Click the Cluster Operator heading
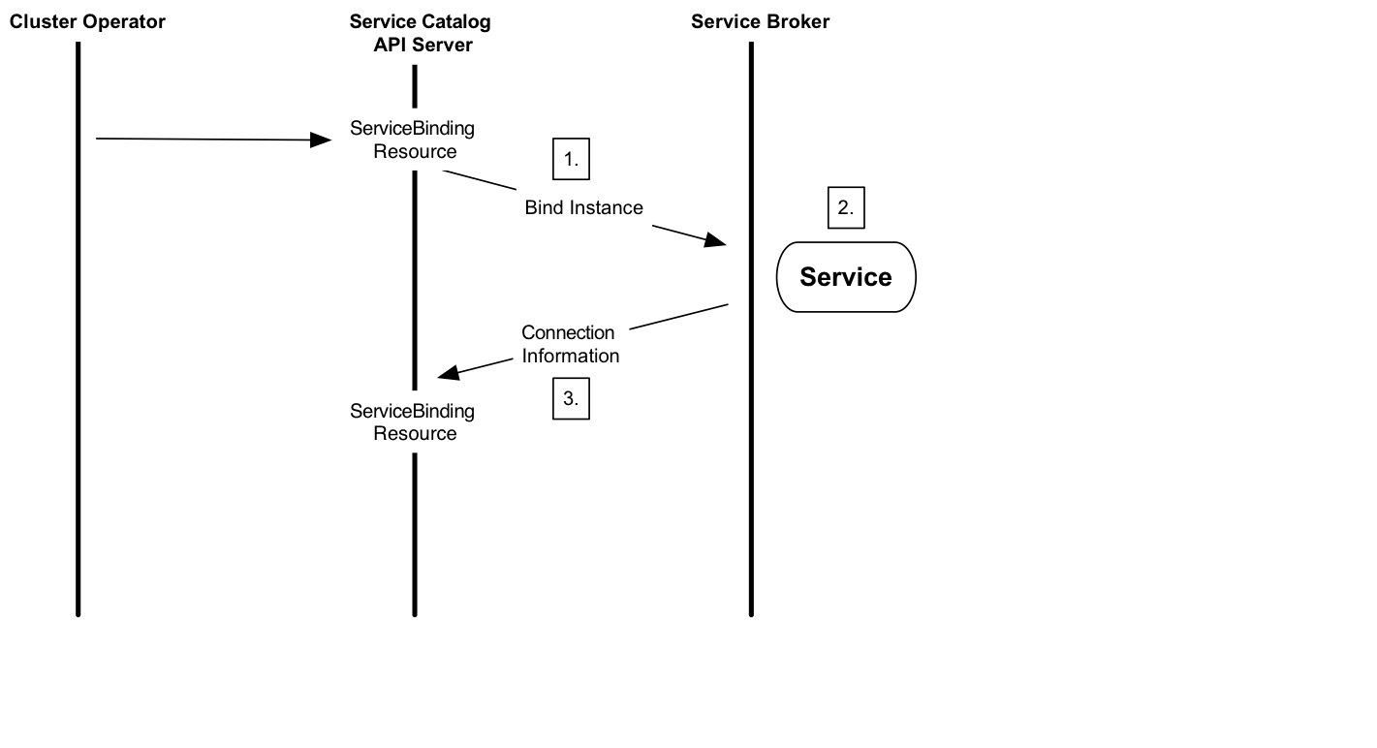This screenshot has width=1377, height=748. (87, 21)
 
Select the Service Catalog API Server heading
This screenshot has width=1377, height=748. (421, 33)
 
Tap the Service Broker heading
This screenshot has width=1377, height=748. (760, 21)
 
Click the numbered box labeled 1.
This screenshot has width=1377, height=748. (571, 160)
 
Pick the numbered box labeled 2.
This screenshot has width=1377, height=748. (845, 207)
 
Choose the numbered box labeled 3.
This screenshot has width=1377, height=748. (571, 398)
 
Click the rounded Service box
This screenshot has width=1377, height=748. (845, 277)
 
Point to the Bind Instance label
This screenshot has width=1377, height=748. (583, 207)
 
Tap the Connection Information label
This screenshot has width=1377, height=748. (570, 344)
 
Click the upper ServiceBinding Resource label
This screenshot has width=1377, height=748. (413, 140)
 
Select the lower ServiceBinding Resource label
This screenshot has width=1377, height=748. (413, 421)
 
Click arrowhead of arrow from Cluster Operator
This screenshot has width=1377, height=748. (322, 140)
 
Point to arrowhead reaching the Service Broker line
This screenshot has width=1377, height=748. (717, 240)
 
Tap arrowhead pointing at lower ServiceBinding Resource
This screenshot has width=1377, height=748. (449, 374)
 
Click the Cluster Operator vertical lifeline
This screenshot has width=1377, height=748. (78, 388)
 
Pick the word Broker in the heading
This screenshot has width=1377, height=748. (799, 21)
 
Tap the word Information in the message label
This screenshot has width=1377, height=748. (571, 356)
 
